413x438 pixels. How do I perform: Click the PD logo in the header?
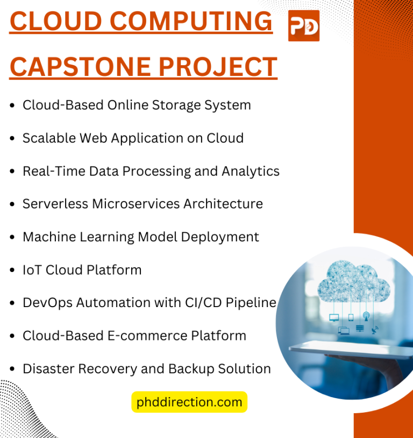point(304,25)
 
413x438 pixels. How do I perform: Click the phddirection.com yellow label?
point(189,402)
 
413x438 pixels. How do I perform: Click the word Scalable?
point(49,138)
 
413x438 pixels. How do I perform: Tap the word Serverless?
point(55,204)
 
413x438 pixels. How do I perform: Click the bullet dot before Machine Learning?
point(12,238)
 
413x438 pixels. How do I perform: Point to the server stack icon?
point(359,328)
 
